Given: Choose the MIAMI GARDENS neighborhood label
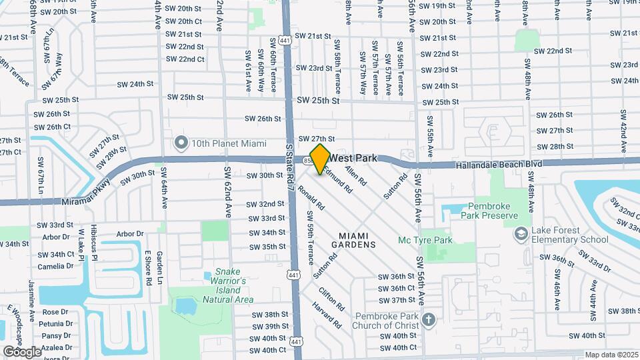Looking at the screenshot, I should [x=357, y=240].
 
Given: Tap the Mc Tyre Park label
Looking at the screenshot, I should [x=443, y=240].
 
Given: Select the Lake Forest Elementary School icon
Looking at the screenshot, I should [x=521, y=234].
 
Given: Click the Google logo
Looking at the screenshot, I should [x=21, y=351].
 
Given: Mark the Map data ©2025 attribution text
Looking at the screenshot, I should [x=611, y=355].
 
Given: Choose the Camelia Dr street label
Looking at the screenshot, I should [x=55, y=266].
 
